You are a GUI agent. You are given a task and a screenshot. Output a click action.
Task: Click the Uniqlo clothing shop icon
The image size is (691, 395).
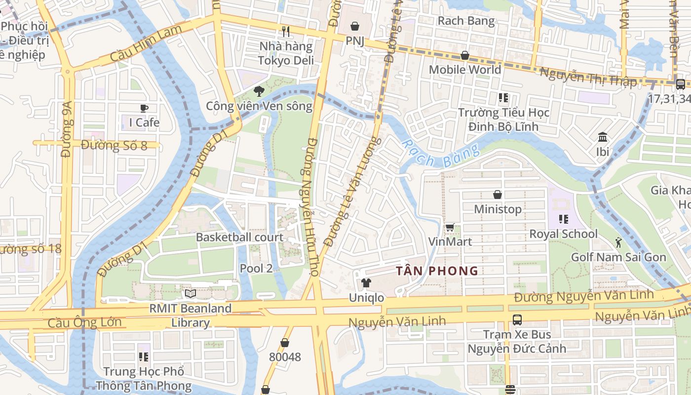point(366,283)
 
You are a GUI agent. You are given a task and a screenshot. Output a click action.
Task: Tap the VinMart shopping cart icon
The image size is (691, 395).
point(450,227)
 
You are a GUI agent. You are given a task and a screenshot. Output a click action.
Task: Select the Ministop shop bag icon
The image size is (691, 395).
point(498,195)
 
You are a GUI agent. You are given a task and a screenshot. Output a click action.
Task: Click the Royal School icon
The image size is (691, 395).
point(563,219)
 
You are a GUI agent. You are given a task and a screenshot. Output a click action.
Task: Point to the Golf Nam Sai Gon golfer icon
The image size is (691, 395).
point(618,242)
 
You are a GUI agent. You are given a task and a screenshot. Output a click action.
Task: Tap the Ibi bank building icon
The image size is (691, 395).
point(603,137)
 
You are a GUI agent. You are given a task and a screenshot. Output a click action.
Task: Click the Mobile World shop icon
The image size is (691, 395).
point(464,55)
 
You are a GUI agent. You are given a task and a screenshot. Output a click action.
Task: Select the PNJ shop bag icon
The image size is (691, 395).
point(355,26)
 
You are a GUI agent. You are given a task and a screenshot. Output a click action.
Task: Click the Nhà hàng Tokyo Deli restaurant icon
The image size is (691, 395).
point(286,31)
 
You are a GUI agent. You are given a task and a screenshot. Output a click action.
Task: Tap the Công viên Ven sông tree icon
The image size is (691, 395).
point(259,91)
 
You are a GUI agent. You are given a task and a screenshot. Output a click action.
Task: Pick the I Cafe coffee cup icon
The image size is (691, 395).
point(144,108)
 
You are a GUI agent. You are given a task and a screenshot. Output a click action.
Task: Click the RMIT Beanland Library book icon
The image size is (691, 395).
point(191,293)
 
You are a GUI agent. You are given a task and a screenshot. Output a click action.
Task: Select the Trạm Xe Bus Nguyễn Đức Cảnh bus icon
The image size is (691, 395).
point(517,319)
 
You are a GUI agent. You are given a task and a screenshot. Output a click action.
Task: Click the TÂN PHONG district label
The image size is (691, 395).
point(437,271)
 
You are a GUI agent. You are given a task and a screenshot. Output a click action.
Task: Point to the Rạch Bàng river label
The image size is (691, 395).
point(440,155)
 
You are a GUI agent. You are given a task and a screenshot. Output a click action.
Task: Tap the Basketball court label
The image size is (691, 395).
point(240,237)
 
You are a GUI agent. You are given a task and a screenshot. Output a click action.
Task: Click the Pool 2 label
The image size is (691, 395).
point(256,269)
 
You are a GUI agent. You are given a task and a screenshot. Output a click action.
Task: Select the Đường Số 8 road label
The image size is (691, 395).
point(114,146)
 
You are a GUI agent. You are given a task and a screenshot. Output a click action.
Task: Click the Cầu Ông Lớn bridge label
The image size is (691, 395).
point(84,323)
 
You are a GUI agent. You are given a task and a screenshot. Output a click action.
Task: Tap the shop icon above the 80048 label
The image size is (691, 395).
point(285,342)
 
